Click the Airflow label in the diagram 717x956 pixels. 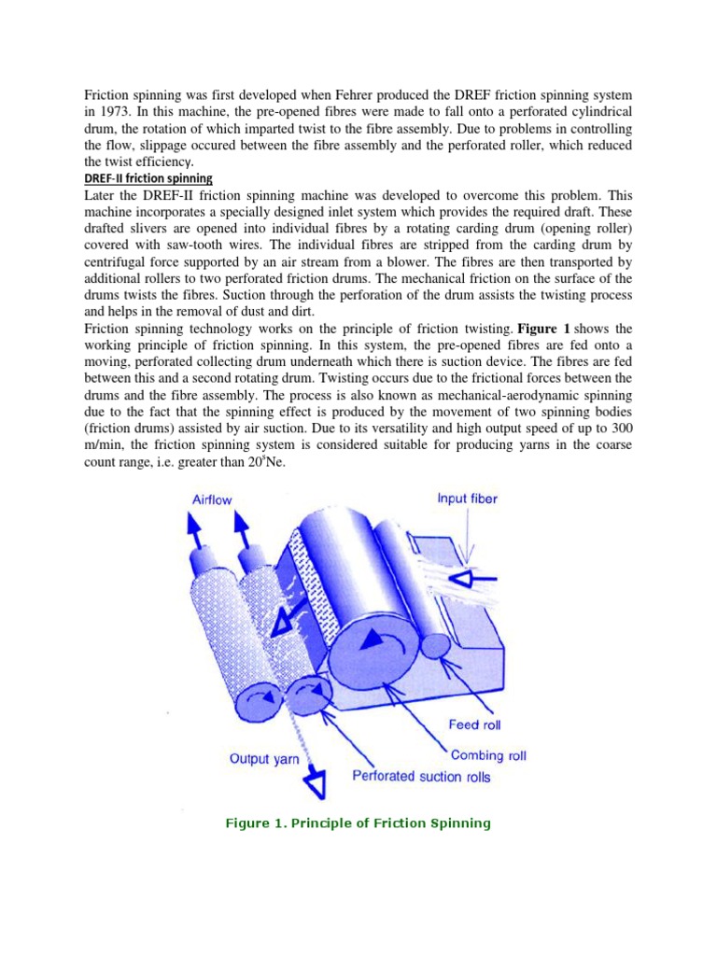(x=212, y=499)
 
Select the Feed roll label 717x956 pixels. (x=477, y=724)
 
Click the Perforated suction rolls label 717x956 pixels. (x=421, y=776)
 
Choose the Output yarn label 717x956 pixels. (x=264, y=759)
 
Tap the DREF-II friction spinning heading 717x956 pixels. (x=148, y=178)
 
